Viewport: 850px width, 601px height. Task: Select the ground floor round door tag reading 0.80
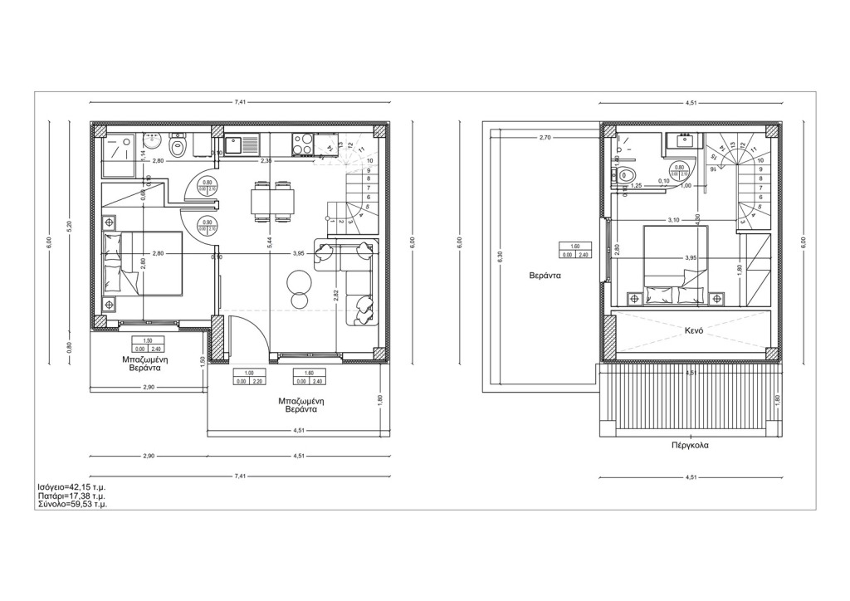pyautogui.click(x=208, y=185)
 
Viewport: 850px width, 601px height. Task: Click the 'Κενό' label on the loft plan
pyautogui.click(x=694, y=330)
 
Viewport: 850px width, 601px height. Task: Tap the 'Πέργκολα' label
pyautogui.click(x=690, y=445)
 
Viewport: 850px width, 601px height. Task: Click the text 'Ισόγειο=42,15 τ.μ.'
pyautogui.click(x=71, y=486)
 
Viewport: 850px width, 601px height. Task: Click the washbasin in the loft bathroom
pyautogui.click(x=685, y=141)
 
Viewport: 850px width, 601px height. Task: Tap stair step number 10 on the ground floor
pyautogui.click(x=369, y=160)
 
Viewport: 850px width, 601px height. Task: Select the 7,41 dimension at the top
pyautogui.click(x=240, y=102)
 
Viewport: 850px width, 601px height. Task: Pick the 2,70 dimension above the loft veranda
pyautogui.click(x=545, y=137)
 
